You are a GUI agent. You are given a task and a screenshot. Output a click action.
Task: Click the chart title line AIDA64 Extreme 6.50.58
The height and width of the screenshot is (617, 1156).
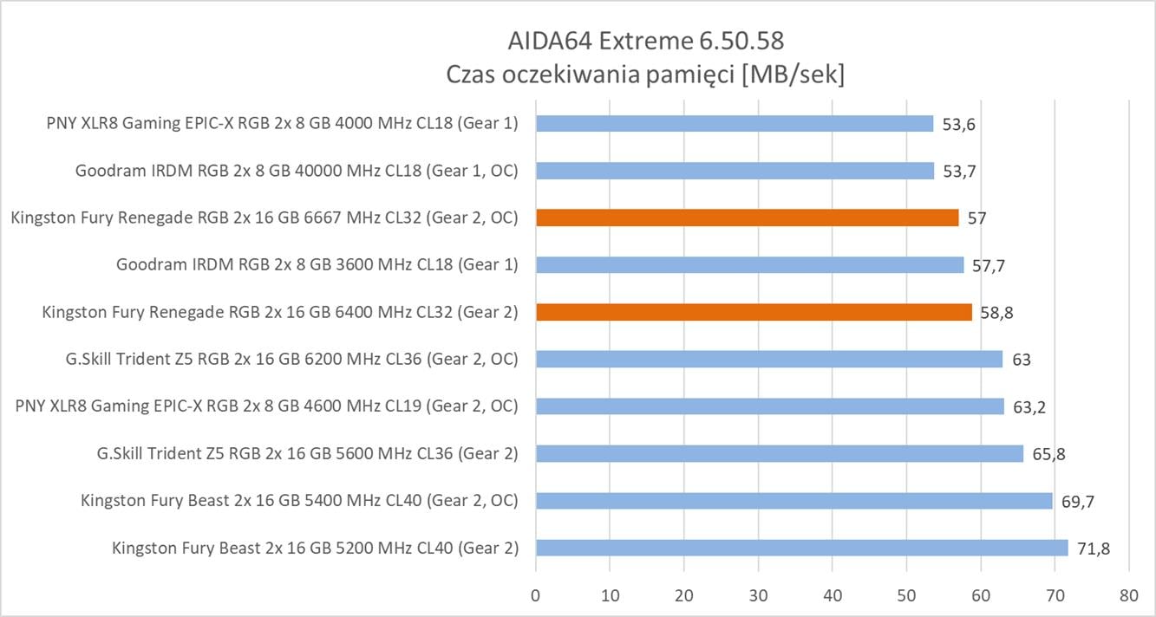click(650, 41)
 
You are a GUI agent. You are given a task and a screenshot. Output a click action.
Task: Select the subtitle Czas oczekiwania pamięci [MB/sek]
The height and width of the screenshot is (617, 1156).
click(645, 75)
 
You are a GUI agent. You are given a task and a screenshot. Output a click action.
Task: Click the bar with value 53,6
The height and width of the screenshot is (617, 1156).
click(734, 124)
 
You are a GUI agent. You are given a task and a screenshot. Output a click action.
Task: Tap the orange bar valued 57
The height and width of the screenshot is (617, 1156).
click(747, 218)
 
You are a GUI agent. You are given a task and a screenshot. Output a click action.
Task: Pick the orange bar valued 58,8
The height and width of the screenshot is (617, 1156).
click(754, 312)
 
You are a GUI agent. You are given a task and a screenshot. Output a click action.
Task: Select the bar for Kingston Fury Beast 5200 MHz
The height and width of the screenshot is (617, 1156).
click(801, 548)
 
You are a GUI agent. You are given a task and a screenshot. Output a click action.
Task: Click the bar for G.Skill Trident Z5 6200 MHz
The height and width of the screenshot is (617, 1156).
click(768, 359)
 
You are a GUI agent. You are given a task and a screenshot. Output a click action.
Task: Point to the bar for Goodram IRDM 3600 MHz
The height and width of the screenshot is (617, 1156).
click(749, 264)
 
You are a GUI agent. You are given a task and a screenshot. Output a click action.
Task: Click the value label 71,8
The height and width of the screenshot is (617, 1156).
click(1093, 549)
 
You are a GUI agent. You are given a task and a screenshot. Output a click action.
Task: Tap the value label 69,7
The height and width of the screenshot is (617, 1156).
click(1077, 502)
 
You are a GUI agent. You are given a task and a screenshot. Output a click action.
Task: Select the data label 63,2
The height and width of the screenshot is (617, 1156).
click(1029, 407)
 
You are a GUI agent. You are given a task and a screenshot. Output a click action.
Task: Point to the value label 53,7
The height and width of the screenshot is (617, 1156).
click(958, 172)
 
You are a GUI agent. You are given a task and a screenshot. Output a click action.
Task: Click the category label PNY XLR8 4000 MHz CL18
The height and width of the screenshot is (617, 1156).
click(282, 123)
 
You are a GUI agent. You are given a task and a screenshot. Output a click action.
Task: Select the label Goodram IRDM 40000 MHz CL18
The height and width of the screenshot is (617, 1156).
click(297, 171)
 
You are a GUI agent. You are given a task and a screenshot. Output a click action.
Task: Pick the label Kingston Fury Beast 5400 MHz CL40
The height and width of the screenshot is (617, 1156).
click(299, 500)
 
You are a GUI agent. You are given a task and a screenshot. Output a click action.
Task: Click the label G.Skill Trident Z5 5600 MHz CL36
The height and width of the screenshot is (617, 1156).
click(308, 453)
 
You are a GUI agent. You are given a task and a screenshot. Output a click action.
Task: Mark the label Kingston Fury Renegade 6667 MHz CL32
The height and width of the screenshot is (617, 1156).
click(265, 218)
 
